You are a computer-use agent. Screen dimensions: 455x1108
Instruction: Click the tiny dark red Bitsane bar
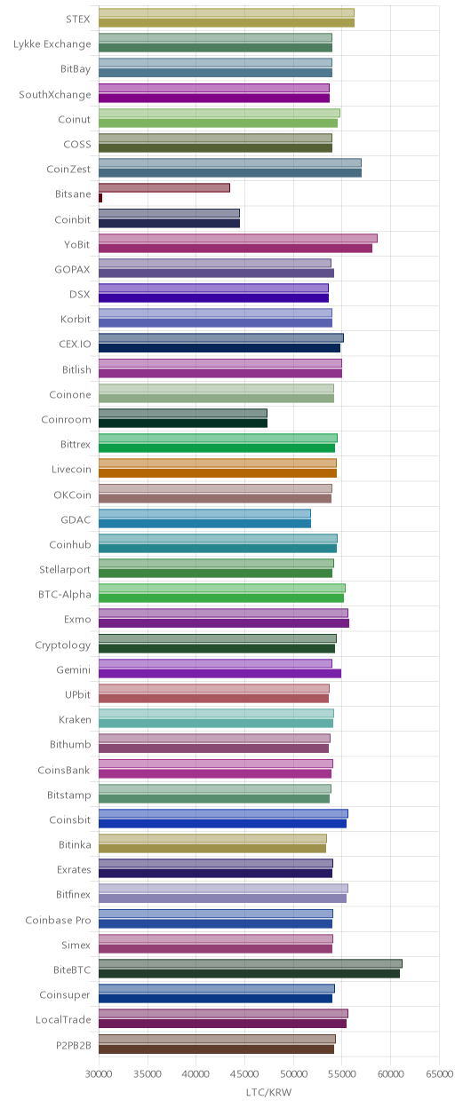click(x=100, y=198)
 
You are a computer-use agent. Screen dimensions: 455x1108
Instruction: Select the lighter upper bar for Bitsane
click(x=164, y=188)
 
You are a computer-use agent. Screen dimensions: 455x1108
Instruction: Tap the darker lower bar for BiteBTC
click(x=249, y=973)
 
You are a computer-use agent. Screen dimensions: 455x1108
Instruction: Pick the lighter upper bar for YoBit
click(x=238, y=239)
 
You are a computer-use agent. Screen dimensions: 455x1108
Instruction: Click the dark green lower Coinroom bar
click(x=183, y=423)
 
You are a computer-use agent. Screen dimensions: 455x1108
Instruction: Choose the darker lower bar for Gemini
click(x=220, y=673)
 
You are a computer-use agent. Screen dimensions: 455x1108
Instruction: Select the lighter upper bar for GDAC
click(x=205, y=513)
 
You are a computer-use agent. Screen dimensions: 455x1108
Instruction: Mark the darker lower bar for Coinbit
click(x=170, y=223)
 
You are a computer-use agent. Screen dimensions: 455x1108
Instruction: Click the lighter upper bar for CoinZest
click(x=230, y=162)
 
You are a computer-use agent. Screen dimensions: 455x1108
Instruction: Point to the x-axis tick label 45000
click(x=244, y=1074)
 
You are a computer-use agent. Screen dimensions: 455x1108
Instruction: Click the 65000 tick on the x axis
click(x=440, y=1074)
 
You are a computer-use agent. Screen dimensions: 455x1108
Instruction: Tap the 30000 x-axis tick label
click(x=99, y=1074)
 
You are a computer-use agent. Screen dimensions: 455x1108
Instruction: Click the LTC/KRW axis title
click(x=269, y=1092)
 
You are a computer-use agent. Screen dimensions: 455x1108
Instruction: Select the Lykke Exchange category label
click(x=52, y=44)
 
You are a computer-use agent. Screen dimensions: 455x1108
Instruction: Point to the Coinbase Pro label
click(x=59, y=920)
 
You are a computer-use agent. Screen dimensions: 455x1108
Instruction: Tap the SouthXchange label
click(x=55, y=94)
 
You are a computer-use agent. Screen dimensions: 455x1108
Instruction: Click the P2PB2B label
click(x=73, y=1045)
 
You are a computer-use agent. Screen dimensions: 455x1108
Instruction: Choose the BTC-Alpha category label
click(x=65, y=594)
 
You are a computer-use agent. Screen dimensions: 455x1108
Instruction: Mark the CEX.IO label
click(x=76, y=344)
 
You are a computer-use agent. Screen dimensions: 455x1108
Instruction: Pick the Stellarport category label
click(x=66, y=570)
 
